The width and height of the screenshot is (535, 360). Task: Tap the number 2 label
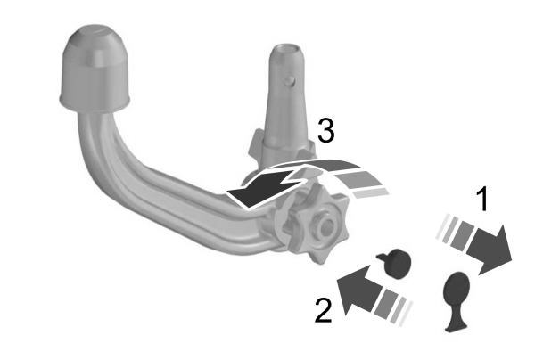click(x=322, y=311)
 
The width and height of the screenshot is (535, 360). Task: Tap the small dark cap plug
click(x=397, y=263)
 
